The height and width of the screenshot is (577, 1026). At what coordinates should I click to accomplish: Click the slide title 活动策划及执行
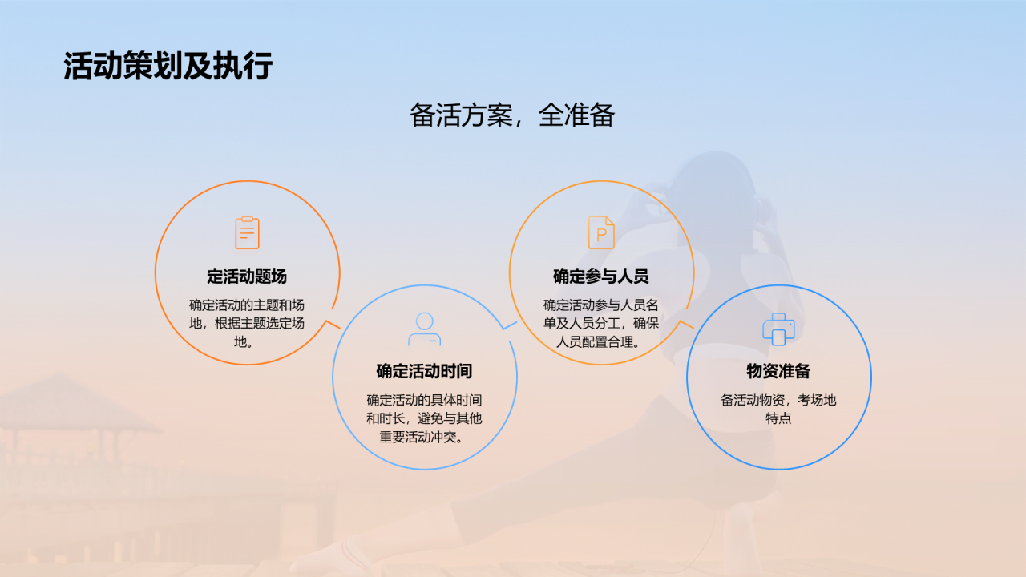pos(168,67)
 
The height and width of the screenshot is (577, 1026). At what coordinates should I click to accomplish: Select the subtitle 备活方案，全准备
pos(512,115)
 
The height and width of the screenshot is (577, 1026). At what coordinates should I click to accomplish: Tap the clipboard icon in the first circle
pos(247,232)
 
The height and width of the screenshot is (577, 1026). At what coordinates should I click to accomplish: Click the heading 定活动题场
pos(247,277)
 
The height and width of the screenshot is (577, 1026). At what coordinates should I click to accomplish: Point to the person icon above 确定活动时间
pos(424,329)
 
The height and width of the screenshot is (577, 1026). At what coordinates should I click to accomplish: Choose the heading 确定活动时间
pos(424,372)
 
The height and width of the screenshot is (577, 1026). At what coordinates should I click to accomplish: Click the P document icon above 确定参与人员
pos(601,232)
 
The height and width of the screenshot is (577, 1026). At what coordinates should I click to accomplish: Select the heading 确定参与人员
pos(601,277)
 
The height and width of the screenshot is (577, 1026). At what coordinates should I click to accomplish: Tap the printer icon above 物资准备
pos(778,329)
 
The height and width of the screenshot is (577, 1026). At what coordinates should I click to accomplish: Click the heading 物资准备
pos(778,372)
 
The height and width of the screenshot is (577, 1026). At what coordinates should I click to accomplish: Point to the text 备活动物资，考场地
pos(778,400)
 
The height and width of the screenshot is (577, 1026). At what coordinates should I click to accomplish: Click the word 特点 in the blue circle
pos(778,418)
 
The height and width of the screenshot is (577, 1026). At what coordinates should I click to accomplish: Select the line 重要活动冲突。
pos(424,438)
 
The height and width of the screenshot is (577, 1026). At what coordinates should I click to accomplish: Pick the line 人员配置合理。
pos(601,343)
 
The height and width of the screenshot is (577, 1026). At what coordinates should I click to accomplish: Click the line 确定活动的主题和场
pos(247,305)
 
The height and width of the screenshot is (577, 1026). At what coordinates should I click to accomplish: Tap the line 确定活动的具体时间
pos(424,400)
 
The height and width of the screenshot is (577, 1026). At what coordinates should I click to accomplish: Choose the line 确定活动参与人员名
pos(601,305)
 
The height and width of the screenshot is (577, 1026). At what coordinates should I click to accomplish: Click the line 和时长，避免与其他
pos(424,418)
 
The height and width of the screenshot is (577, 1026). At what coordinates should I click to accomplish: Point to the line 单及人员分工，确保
pos(601,325)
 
